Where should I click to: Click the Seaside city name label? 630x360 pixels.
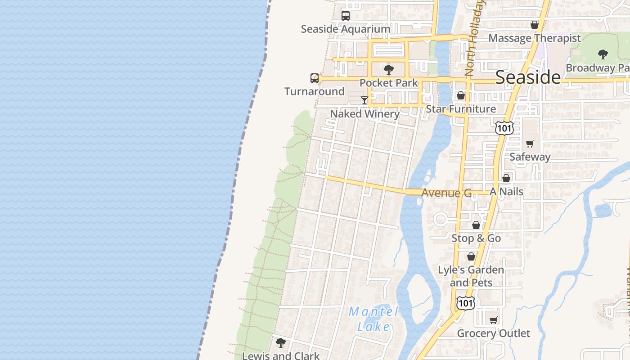click(x=528, y=77)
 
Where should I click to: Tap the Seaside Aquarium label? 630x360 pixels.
click(x=346, y=29)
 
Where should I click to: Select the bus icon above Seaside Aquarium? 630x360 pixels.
click(x=346, y=16)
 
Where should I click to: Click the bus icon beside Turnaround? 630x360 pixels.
click(x=315, y=78)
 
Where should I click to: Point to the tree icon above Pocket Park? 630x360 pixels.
click(x=389, y=70)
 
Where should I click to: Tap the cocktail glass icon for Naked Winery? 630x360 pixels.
click(x=364, y=100)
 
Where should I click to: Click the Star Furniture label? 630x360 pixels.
click(x=461, y=109)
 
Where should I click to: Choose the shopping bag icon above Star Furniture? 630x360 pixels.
click(x=461, y=95)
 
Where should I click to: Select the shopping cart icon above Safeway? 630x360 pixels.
click(x=530, y=144)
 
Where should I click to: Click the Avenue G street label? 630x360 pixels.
click(x=446, y=193)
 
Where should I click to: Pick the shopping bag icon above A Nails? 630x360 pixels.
click(x=506, y=178)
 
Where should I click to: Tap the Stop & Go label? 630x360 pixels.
click(x=476, y=238)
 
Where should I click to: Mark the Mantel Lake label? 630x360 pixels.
click(x=373, y=319)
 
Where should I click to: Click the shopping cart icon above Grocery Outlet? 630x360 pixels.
click(x=494, y=320)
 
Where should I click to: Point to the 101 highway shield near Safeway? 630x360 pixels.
click(x=504, y=128)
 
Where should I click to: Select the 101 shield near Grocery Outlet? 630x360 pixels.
click(x=465, y=303)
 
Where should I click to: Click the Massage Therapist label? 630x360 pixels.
click(x=535, y=38)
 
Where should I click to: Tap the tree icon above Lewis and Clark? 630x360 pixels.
click(x=281, y=343)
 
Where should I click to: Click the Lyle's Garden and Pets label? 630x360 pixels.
click(x=471, y=276)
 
